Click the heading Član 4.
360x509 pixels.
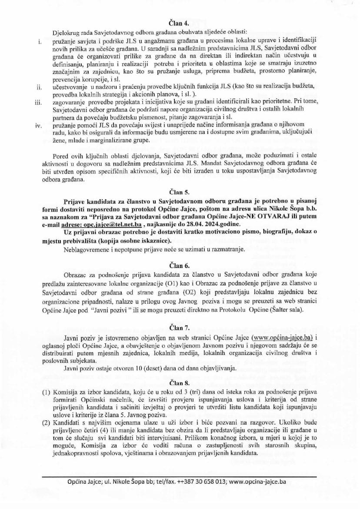click(180, 22)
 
